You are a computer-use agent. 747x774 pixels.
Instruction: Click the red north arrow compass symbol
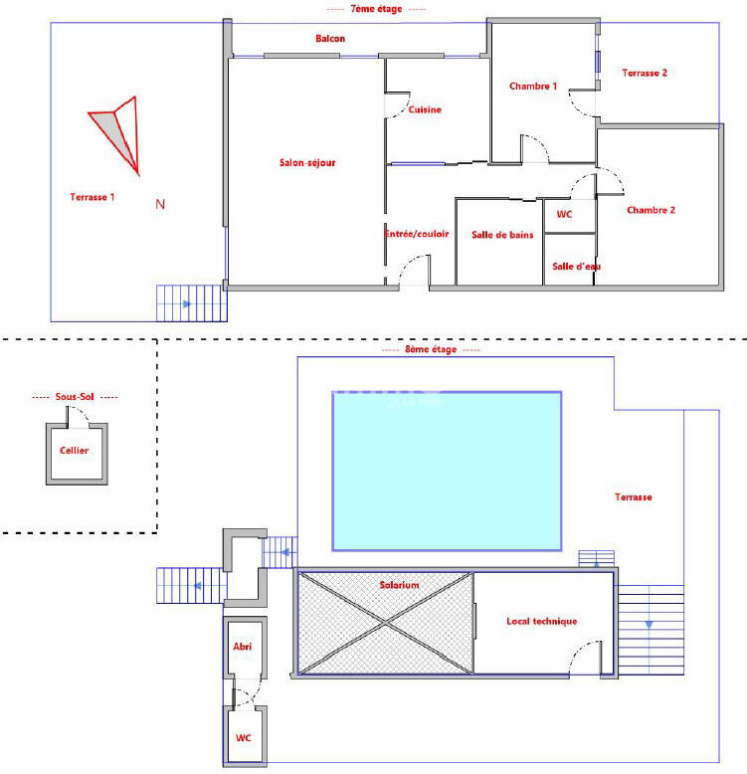117,134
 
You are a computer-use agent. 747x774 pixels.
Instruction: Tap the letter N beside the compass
160,204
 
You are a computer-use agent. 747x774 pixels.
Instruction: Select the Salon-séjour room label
307,162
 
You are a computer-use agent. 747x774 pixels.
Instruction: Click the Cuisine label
425,109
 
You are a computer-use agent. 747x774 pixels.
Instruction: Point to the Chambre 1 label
533,86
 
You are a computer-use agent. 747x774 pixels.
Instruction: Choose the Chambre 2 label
651,210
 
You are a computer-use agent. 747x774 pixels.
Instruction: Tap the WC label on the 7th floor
564,214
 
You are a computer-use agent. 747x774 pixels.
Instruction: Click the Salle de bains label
502,235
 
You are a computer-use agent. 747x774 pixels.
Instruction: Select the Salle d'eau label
576,266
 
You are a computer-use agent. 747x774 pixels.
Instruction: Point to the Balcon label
330,38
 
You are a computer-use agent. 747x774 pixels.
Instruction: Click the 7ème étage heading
376,8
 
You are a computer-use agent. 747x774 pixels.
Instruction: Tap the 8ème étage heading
431,349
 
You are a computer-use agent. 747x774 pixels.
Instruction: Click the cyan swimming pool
447,471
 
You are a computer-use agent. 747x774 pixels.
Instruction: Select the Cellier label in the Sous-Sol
74,451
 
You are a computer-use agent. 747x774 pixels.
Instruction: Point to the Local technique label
542,621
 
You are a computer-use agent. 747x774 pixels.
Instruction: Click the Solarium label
399,585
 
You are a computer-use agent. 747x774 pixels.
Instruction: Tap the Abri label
243,646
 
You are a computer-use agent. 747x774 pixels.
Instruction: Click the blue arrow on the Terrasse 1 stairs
187,304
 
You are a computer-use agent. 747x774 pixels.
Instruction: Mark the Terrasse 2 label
645,73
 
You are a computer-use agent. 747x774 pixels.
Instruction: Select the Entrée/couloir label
417,234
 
